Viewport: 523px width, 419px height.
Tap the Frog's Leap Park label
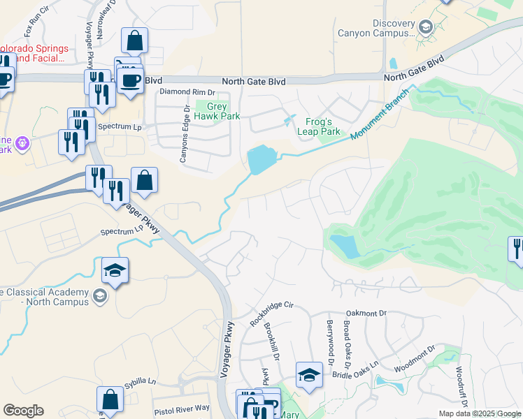click(318, 126)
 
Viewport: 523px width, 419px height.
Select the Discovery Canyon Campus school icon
click(424, 28)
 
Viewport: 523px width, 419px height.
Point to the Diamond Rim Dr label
click(188, 92)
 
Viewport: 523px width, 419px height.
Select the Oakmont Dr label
click(366, 314)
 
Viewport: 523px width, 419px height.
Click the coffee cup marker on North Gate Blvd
click(130, 80)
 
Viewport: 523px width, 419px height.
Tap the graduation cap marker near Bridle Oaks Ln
click(308, 375)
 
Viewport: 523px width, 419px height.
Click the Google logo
click(23, 411)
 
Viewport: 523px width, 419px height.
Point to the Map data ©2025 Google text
click(479, 413)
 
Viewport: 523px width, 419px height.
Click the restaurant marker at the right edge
click(516, 249)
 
